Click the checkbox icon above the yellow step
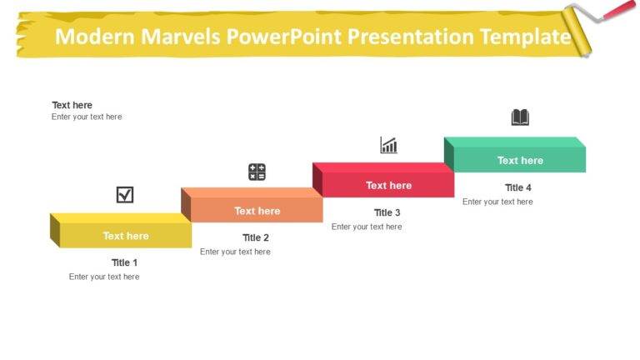125,195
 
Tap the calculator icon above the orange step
257,172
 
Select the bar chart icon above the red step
388,146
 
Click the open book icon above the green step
520,117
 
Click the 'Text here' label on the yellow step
126,236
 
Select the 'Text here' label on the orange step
257,211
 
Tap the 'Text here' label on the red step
388,185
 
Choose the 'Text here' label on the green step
520,160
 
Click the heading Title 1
125,262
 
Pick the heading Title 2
256,237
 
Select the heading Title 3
387,212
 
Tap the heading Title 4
518,187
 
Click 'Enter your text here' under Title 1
104,277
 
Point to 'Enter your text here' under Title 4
497,202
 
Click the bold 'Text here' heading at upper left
72,105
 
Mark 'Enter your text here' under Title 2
235,252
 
